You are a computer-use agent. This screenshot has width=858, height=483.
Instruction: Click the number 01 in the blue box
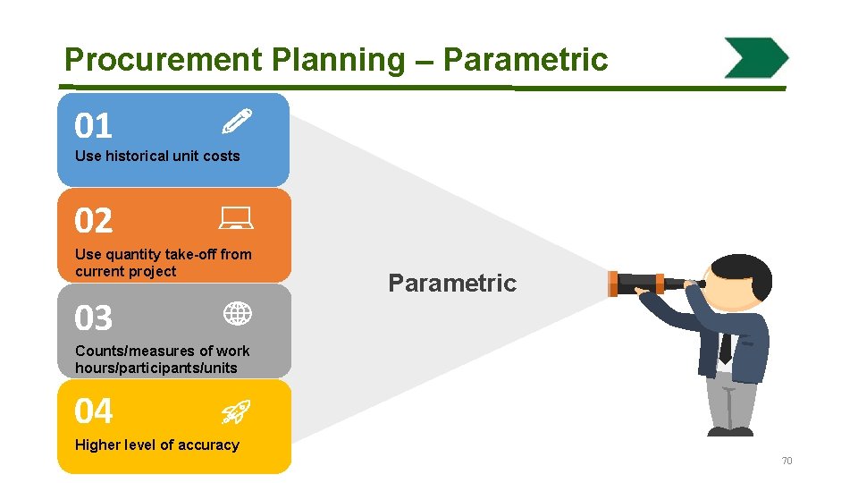click(94, 126)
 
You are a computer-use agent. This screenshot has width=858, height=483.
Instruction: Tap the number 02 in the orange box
click(94, 221)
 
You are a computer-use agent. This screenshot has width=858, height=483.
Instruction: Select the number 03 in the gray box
click(94, 318)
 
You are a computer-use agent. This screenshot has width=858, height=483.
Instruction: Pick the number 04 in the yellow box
click(94, 411)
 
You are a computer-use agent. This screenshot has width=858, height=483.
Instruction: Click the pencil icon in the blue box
click(237, 120)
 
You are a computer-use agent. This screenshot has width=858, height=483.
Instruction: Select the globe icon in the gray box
click(237, 313)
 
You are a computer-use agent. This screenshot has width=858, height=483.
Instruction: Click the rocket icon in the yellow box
click(236, 411)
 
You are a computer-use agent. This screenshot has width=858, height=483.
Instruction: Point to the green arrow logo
click(756, 58)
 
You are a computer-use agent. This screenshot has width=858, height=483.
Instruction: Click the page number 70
click(786, 461)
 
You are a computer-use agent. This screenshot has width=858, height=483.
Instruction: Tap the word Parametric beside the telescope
click(452, 284)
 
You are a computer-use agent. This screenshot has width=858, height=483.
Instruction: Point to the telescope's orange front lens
click(613, 284)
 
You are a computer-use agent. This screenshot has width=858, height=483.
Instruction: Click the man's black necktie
click(726, 344)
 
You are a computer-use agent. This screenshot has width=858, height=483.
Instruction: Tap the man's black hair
click(742, 268)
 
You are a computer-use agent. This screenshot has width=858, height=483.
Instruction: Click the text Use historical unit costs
click(157, 156)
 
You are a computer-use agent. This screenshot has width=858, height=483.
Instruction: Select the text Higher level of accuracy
click(157, 445)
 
